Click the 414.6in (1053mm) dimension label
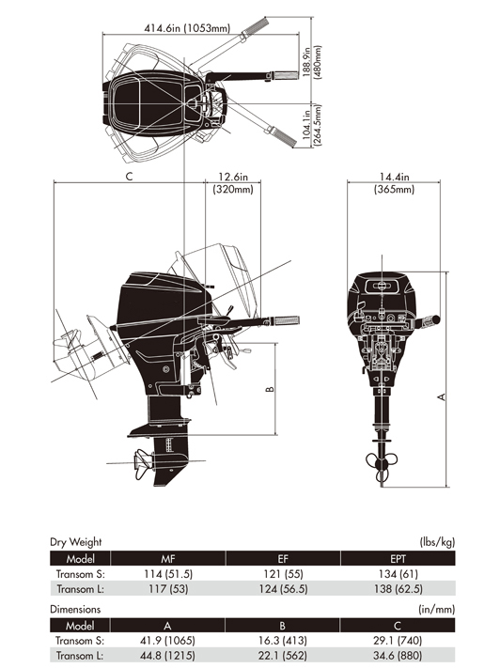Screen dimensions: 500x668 (187, 28)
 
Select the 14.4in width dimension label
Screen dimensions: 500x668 (395, 177)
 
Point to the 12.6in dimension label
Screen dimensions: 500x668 (233, 177)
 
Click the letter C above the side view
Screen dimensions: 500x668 (130, 177)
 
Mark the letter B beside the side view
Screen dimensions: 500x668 (270, 389)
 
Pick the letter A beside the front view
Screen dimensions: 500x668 (442, 396)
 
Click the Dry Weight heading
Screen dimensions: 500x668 (76, 542)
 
